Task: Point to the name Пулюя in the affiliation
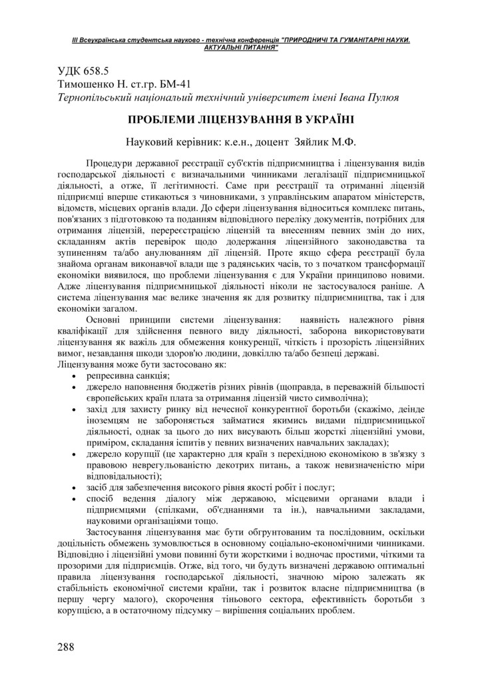pos(381,98)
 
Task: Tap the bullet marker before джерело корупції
pos(73,454)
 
